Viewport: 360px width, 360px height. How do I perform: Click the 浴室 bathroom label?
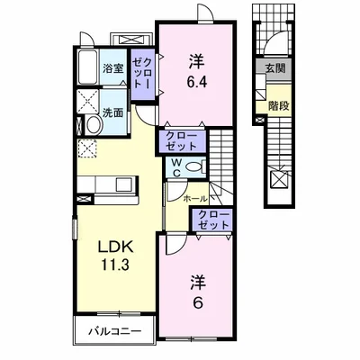(x=112, y=68)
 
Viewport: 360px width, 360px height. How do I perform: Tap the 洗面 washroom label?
(x=112, y=112)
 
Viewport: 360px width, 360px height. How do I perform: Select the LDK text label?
(x=115, y=247)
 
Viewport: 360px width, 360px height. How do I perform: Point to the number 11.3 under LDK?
(x=115, y=265)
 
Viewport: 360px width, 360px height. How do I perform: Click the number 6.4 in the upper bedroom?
(x=197, y=82)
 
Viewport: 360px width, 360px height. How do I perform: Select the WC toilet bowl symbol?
(x=195, y=166)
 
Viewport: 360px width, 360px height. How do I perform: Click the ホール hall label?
(x=194, y=198)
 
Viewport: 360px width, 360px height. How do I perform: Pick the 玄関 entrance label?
(x=274, y=69)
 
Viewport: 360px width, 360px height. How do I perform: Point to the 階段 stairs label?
(x=279, y=106)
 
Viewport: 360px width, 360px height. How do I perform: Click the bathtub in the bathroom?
(x=88, y=67)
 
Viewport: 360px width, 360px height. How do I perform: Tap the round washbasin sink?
(x=94, y=124)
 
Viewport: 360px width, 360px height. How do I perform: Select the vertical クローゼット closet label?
(x=143, y=73)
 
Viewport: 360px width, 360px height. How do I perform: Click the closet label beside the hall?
(x=213, y=220)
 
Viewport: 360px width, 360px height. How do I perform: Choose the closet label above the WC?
(x=182, y=141)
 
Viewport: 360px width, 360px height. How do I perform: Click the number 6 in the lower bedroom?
(x=197, y=303)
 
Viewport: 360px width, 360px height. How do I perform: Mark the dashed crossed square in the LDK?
(x=87, y=148)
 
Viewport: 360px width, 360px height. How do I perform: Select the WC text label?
(x=177, y=167)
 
